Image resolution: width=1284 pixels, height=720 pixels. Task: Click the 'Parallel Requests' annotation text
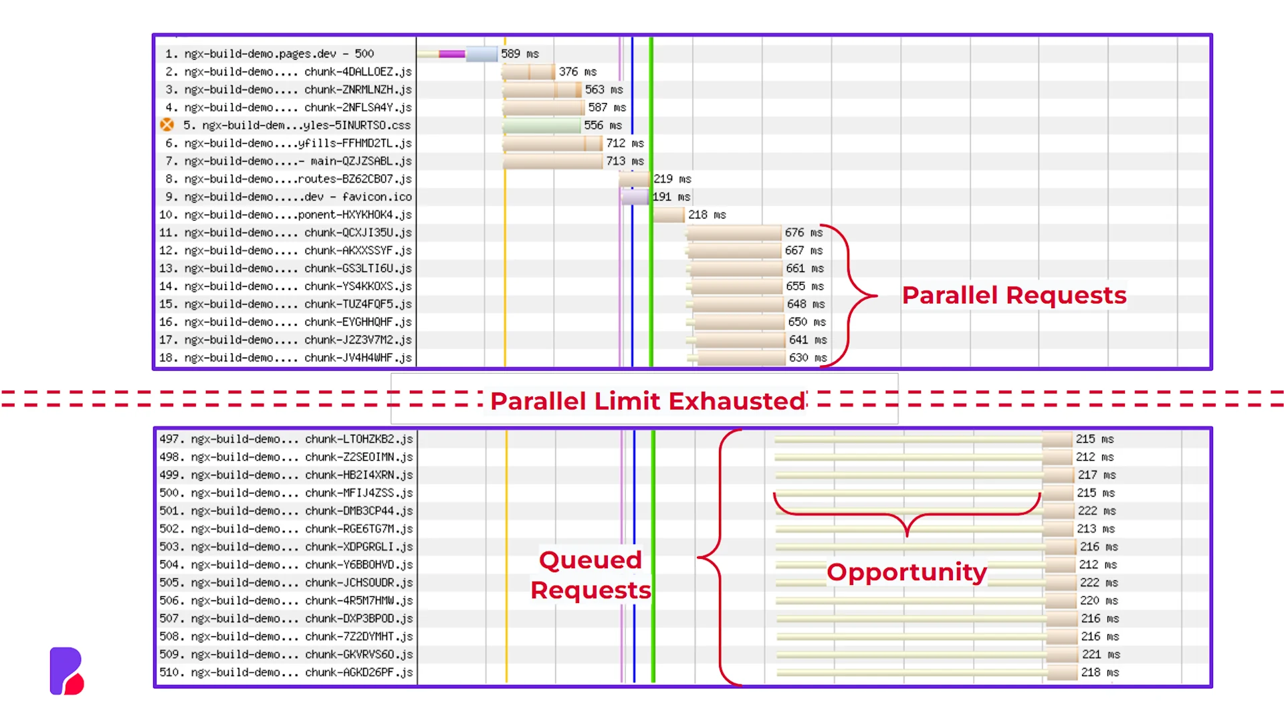click(x=1014, y=295)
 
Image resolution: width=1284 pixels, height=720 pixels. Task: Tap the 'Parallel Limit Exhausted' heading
click(x=648, y=401)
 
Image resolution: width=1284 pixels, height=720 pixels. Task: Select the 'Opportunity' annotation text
click(x=907, y=572)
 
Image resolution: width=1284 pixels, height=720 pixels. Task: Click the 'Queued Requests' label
click(x=591, y=575)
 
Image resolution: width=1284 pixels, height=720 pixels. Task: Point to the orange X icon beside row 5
click(x=167, y=125)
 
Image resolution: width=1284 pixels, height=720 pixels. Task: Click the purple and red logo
click(x=67, y=671)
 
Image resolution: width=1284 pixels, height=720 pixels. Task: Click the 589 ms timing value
click(x=520, y=53)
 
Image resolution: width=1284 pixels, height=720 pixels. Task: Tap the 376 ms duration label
click(x=578, y=72)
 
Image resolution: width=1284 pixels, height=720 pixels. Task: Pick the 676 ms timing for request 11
click(x=804, y=233)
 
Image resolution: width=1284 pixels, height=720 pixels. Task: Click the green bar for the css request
click(x=542, y=125)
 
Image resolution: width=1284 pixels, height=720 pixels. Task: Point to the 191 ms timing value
click(x=671, y=197)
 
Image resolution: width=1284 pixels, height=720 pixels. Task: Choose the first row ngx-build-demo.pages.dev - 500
click(x=270, y=53)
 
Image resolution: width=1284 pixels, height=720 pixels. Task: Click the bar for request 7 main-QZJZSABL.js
click(x=552, y=161)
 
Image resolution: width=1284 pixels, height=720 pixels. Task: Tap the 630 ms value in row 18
click(x=808, y=358)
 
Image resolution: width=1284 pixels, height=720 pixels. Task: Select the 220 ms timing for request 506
click(x=1099, y=601)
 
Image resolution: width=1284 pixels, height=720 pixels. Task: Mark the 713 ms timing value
click(x=625, y=161)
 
